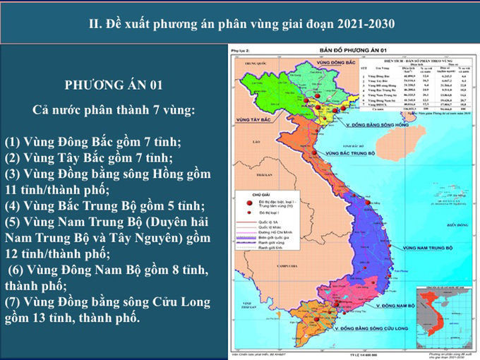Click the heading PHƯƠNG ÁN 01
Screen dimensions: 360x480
pos(114,85)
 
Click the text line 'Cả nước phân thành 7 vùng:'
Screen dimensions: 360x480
pos(114,111)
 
